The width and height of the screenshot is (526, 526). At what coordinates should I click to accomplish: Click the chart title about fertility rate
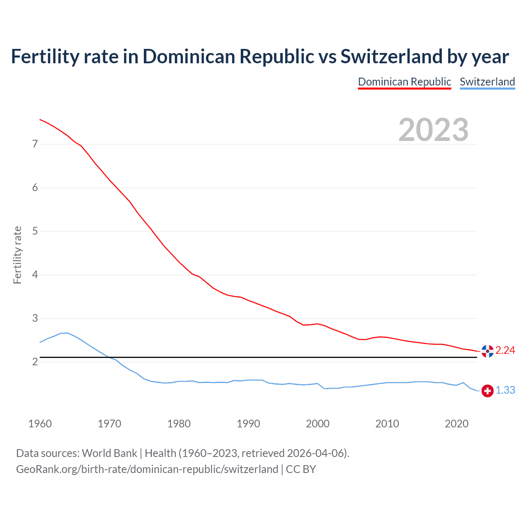pyautogui.click(x=260, y=56)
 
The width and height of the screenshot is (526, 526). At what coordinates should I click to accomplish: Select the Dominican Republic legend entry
pyautogui.click(x=404, y=82)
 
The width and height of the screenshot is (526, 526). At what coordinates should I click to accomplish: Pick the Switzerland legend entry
pyautogui.click(x=487, y=82)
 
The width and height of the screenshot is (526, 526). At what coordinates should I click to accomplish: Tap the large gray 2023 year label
pyautogui.click(x=433, y=130)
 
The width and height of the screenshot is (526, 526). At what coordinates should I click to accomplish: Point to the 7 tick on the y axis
pyautogui.click(x=35, y=144)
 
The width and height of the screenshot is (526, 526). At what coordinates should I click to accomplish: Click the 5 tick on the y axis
pyautogui.click(x=35, y=231)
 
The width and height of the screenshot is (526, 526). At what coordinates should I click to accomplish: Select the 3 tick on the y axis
pyautogui.click(x=35, y=318)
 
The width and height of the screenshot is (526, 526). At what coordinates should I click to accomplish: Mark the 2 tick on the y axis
pyautogui.click(x=35, y=362)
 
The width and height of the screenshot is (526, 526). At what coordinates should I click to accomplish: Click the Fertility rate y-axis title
pyautogui.click(x=17, y=255)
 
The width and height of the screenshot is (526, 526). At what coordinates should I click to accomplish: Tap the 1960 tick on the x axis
pyautogui.click(x=40, y=424)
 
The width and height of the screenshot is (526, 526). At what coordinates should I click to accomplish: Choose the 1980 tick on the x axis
pyautogui.click(x=179, y=424)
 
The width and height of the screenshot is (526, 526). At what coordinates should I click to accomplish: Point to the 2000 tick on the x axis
pyautogui.click(x=318, y=424)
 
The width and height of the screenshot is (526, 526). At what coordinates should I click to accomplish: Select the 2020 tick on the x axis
pyautogui.click(x=457, y=424)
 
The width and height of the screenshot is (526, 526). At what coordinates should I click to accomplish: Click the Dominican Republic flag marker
pyautogui.click(x=487, y=351)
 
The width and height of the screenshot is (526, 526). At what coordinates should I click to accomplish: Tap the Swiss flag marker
pyautogui.click(x=487, y=391)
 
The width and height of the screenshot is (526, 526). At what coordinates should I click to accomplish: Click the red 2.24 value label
pyautogui.click(x=505, y=350)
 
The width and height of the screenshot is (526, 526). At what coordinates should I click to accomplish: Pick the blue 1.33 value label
pyautogui.click(x=505, y=390)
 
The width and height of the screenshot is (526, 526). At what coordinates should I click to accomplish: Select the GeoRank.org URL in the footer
pyautogui.click(x=147, y=469)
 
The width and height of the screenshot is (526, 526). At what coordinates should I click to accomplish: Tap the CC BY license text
pyautogui.click(x=301, y=469)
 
